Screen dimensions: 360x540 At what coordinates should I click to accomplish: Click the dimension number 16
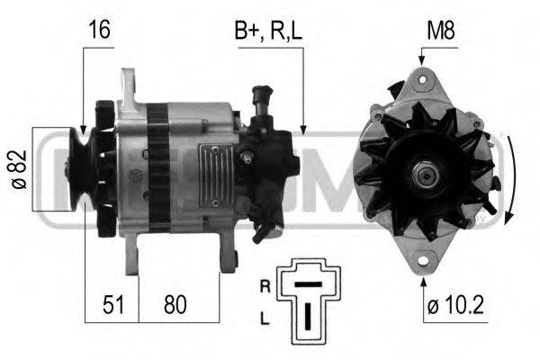(98, 30)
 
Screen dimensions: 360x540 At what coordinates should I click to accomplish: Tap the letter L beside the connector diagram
(265, 319)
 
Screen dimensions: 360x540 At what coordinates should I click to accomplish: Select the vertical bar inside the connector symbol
(308, 316)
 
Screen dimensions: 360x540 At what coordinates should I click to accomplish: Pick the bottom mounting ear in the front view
(421, 260)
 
